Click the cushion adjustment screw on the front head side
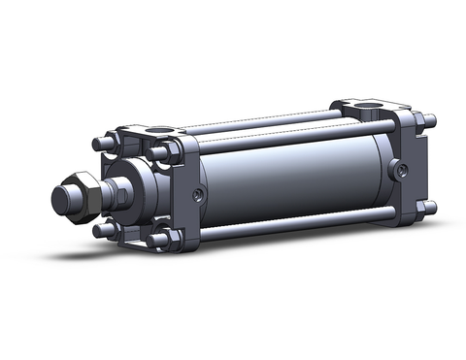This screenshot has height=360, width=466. pos(199,193)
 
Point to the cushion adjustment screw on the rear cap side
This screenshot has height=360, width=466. pos(399,171)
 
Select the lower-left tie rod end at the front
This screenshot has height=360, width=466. pos(100,230)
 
